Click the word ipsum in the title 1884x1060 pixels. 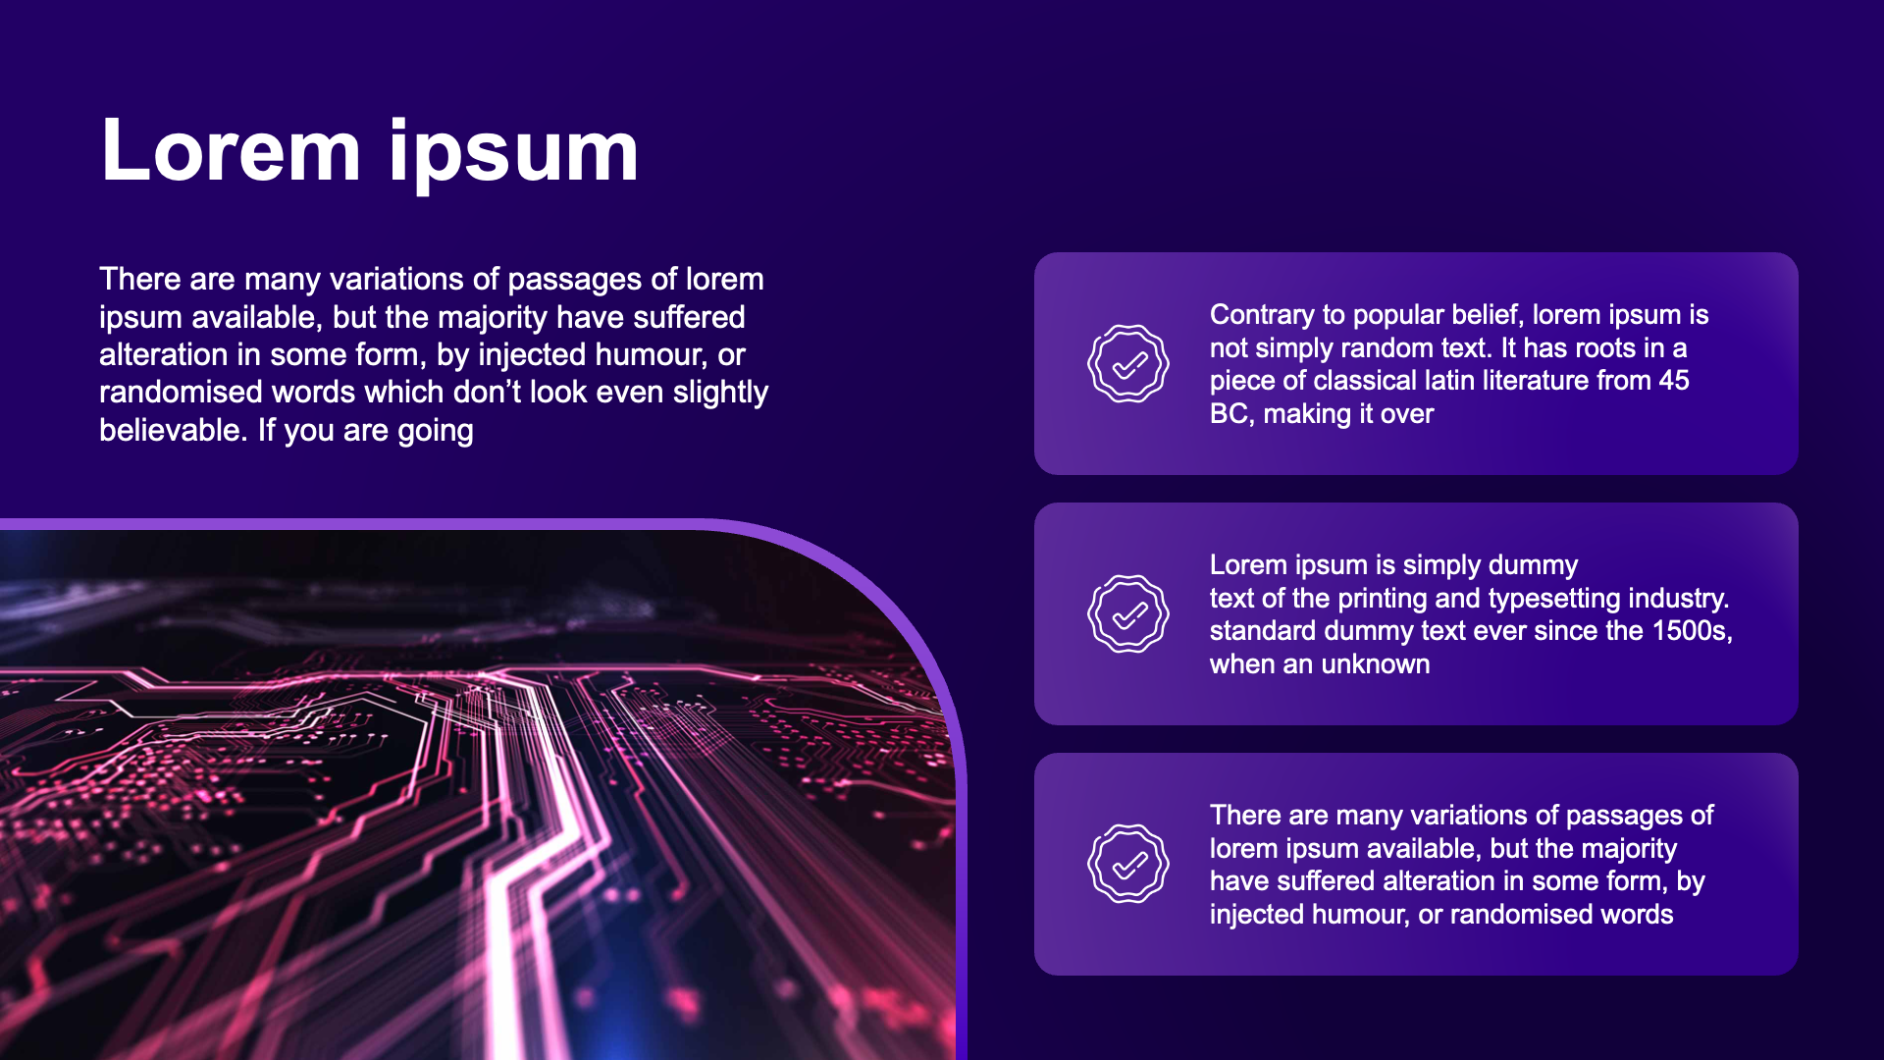(514, 155)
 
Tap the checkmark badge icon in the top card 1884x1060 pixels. (1128, 363)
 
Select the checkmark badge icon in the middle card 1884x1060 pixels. (1128, 613)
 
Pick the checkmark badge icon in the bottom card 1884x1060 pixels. (1128, 864)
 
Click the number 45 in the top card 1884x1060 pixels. (1674, 380)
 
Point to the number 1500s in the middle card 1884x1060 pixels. (1692, 631)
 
